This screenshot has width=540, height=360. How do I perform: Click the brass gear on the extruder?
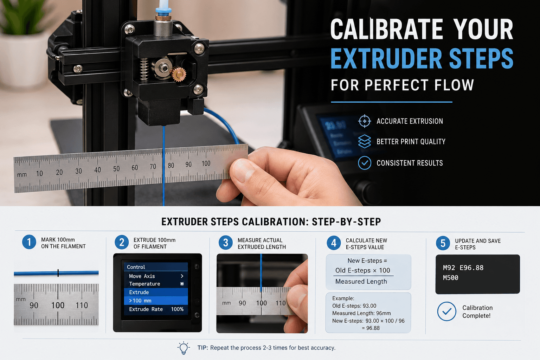pos(179,74)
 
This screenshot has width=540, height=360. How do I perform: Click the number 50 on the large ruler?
pos(116,169)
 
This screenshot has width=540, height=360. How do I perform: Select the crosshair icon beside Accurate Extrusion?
pos(365,121)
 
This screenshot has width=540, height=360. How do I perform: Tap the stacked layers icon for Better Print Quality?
pos(365,142)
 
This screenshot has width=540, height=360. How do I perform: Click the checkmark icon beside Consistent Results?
pos(365,163)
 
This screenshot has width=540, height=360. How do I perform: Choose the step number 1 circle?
pos(29,242)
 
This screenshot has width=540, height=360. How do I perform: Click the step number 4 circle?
pos(334,243)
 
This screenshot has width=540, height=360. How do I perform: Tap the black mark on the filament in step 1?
pos(58,272)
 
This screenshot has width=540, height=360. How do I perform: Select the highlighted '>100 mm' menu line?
pos(155,301)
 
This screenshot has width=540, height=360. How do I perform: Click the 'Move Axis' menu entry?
pos(142,276)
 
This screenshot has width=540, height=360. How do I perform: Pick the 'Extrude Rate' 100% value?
pos(177,309)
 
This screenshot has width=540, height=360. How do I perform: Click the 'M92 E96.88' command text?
pos(463,268)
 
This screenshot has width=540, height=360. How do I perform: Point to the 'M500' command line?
pos(450,278)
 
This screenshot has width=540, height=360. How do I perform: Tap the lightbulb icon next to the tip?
pos(183,348)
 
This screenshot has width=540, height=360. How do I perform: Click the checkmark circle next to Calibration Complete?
pos(446,311)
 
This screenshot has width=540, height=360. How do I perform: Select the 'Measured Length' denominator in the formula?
pos(361,282)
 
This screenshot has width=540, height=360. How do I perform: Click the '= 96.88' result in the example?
pos(371,328)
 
